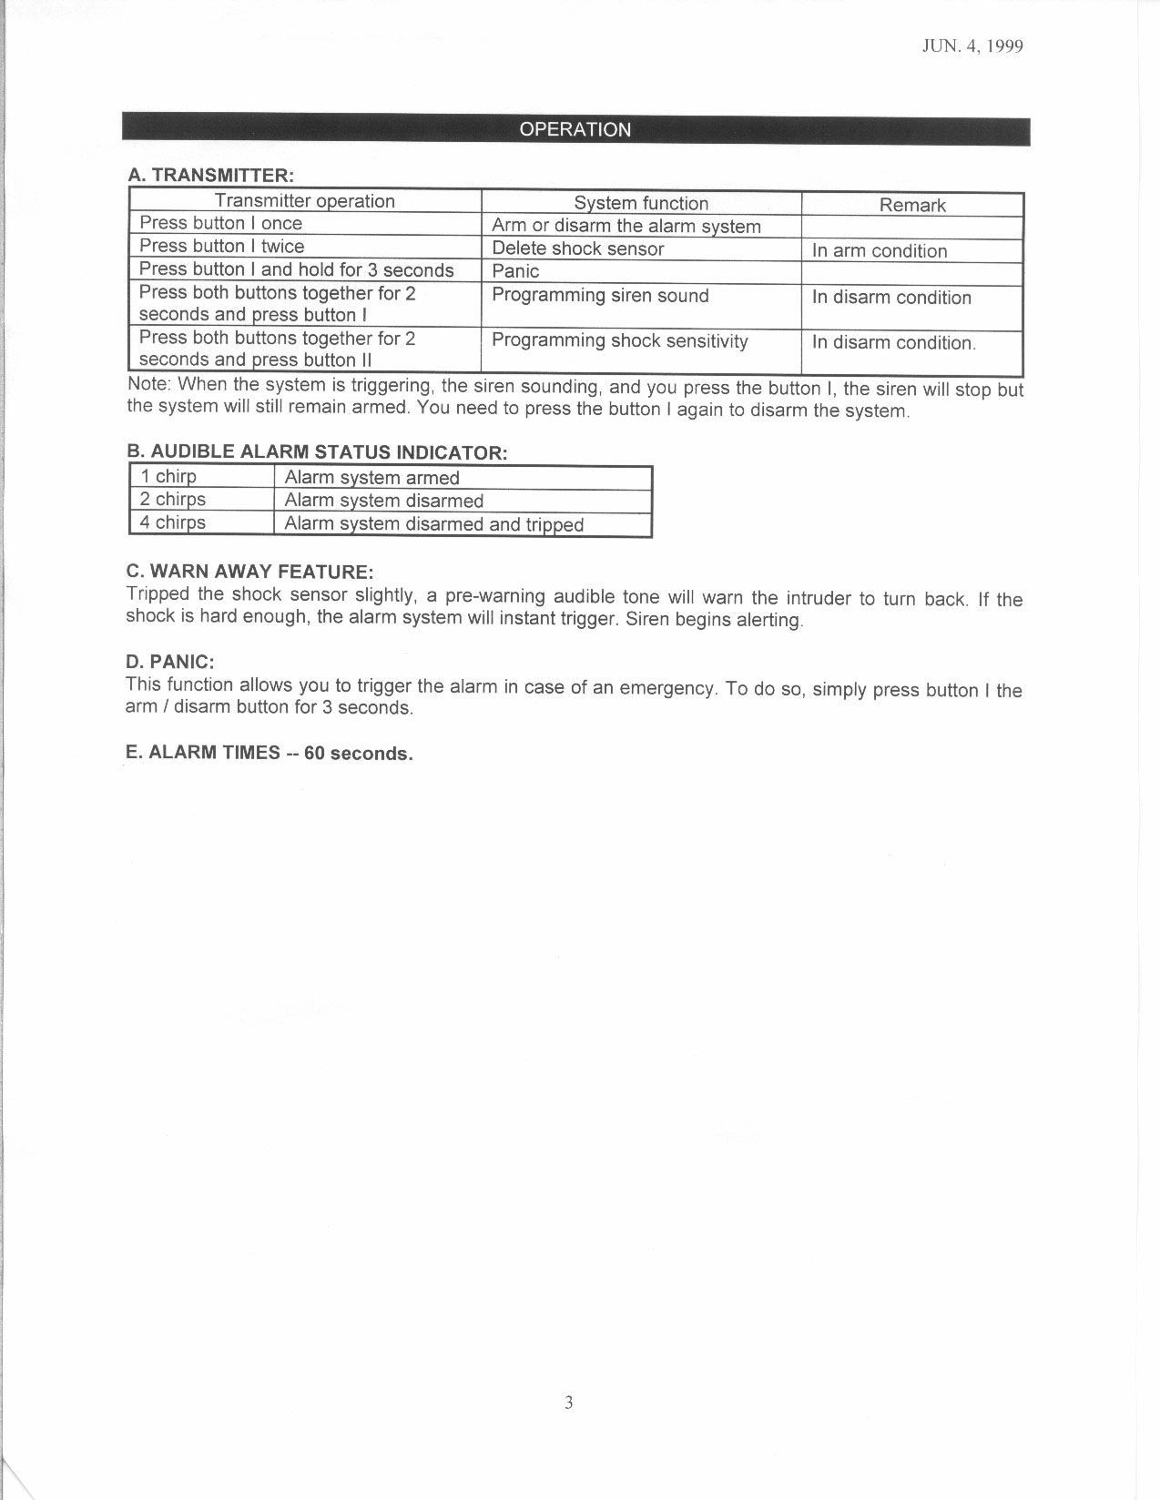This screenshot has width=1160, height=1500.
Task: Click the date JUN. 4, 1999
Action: tap(973, 47)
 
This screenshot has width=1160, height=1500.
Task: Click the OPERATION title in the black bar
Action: tap(575, 129)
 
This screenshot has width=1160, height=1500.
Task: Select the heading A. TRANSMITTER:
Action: tap(210, 175)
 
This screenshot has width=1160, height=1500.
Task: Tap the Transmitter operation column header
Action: tap(304, 201)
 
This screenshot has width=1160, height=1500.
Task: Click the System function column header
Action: tap(640, 204)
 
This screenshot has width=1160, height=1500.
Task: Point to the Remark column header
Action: tap(912, 206)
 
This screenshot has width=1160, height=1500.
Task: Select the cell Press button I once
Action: tap(220, 224)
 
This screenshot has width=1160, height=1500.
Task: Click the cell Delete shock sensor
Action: tap(577, 249)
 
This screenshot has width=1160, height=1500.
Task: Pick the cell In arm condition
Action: tap(880, 251)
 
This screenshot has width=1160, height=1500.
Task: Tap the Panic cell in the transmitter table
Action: tap(515, 271)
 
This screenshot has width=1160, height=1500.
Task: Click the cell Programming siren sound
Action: tap(600, 296)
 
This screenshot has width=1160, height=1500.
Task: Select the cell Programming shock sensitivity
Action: tap(620, 341)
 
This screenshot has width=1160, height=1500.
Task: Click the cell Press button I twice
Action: tap(221, 247)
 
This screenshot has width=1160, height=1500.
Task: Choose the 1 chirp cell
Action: tap(168, 477)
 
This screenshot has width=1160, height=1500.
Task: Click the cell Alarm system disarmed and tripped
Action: tap(433, 524)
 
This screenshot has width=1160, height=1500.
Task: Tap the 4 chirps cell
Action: tap(173, 522)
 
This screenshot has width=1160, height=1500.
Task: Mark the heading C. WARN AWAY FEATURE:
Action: tap(249, 572)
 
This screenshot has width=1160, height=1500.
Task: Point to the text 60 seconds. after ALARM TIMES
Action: tap(359, 754)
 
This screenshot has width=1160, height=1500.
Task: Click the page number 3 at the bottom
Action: tap(568, 1403)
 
